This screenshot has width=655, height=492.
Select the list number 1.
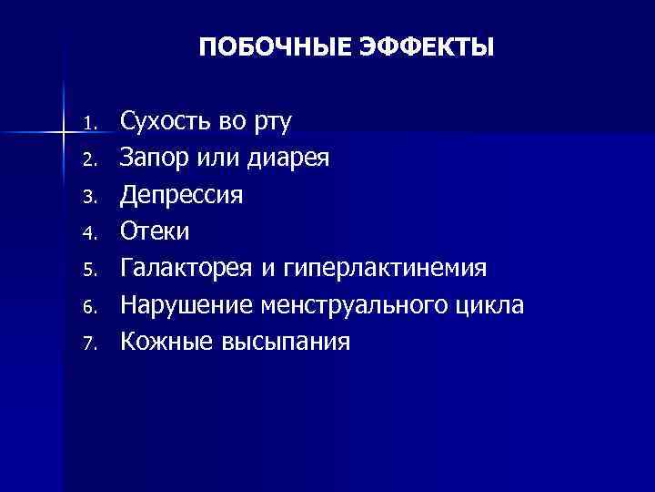87,123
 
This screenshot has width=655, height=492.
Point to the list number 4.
87,233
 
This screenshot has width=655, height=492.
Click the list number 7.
87,343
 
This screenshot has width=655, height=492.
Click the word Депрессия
182,196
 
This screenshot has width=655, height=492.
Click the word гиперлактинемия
386,270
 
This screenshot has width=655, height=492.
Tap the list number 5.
87,271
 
